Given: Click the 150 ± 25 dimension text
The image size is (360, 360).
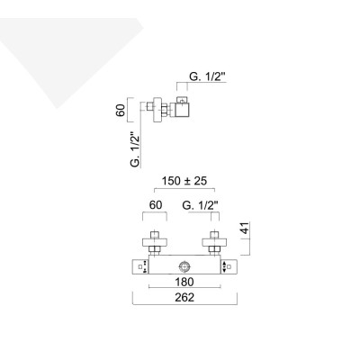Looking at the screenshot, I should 184,181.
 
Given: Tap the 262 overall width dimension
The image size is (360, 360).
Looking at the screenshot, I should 184,296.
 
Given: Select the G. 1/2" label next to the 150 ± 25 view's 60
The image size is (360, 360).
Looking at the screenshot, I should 200,205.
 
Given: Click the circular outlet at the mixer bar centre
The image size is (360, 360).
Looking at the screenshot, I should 184,266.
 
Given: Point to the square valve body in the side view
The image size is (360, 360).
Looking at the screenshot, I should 184,111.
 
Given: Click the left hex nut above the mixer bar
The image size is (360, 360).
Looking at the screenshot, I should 153,253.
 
